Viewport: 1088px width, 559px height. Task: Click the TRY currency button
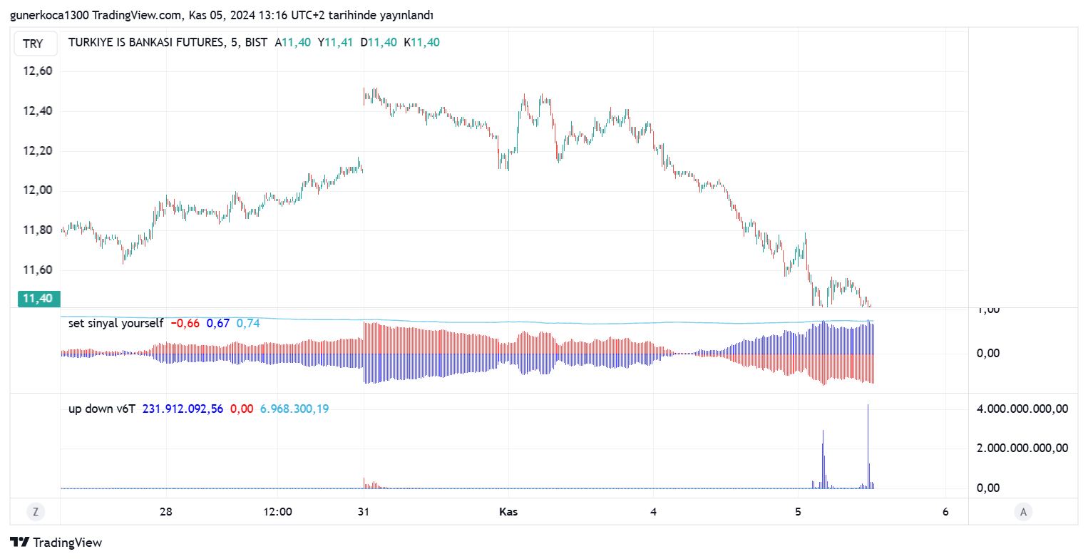tap(33, 44)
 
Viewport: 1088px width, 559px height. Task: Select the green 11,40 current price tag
tap(38, 299)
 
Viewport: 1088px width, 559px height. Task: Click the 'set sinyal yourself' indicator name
tap(116, 324)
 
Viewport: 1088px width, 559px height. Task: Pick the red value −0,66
tap(185, 324)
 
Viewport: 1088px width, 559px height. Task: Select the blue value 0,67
tap(218, 324)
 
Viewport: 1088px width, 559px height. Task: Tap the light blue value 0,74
tap(248, 324)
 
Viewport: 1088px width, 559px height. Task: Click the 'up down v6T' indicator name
tap(101, 409)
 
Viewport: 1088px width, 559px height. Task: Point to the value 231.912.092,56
tap(183, 409)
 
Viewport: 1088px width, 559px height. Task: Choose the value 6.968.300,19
tap(294, 409)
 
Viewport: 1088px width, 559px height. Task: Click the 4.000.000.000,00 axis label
tap(1022, 409)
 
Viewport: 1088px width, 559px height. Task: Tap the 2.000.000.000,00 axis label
tap(1022, 448)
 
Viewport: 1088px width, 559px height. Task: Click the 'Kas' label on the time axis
tap(508, 512)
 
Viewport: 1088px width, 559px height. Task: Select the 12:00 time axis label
tap(277, 512)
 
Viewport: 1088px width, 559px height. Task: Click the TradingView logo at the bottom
tap(56, 543)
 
